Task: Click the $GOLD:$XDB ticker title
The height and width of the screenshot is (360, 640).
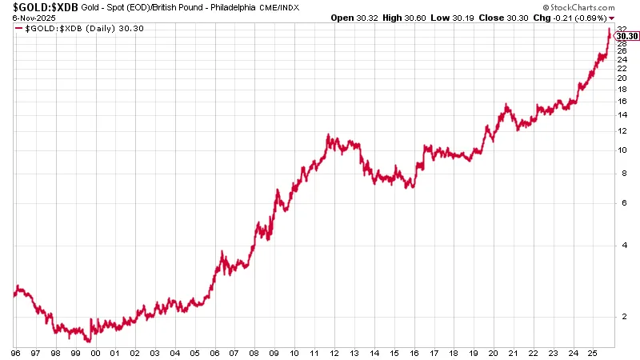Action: click(40, 7)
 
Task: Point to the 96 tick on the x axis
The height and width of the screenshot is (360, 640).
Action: click(15, 352)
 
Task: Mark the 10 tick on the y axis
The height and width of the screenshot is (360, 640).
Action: click(622, 150)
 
